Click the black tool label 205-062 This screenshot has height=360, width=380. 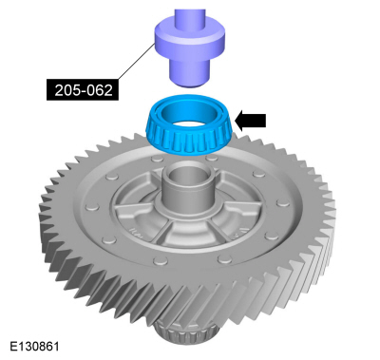coord(83,89)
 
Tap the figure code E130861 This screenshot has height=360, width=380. coord(34,346)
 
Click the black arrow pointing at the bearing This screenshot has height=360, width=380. coord(250,121)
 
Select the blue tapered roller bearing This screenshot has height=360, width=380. coord(190,125)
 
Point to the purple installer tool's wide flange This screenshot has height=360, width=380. coord(190,37)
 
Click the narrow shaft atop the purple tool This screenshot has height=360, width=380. coord(189,16)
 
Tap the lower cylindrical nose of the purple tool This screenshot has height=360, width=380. coord(190,71)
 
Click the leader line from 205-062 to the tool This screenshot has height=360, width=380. coord(137,62)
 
